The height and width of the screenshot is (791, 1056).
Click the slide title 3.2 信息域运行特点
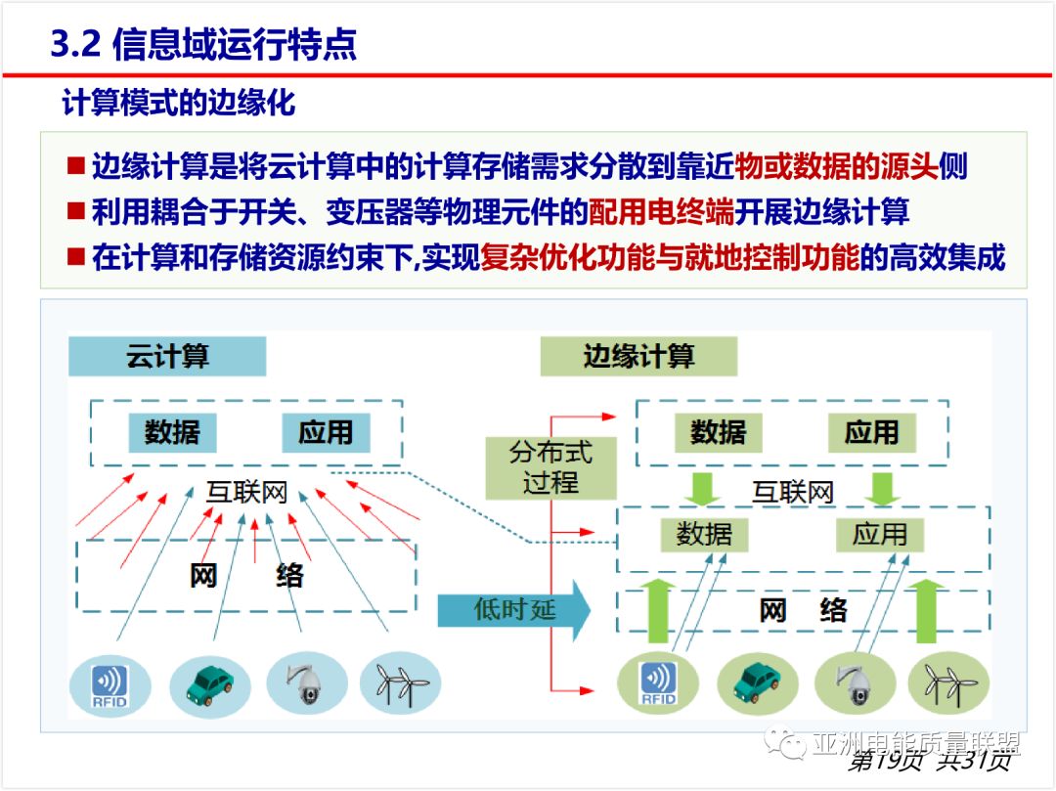[203, 44]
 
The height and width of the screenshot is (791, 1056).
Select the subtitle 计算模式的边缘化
[178, 103]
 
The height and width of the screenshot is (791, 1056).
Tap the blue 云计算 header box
[167, 357]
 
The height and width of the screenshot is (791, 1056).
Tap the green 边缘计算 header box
[638, 357]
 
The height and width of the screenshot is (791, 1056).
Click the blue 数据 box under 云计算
[172, 432]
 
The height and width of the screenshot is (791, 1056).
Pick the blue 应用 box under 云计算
[326, 432]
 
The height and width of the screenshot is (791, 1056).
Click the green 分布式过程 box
[550, 467]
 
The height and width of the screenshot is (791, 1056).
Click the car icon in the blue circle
[210, 683]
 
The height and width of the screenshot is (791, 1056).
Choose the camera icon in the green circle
[855, 683]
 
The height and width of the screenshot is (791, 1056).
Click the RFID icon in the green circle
[658, 683]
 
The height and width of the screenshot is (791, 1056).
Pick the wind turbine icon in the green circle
[947, 683]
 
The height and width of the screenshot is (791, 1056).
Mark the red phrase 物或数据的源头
[836, 165]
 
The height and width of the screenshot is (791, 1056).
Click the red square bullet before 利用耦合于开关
[76, 210]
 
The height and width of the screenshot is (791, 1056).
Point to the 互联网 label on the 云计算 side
[246, 492]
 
